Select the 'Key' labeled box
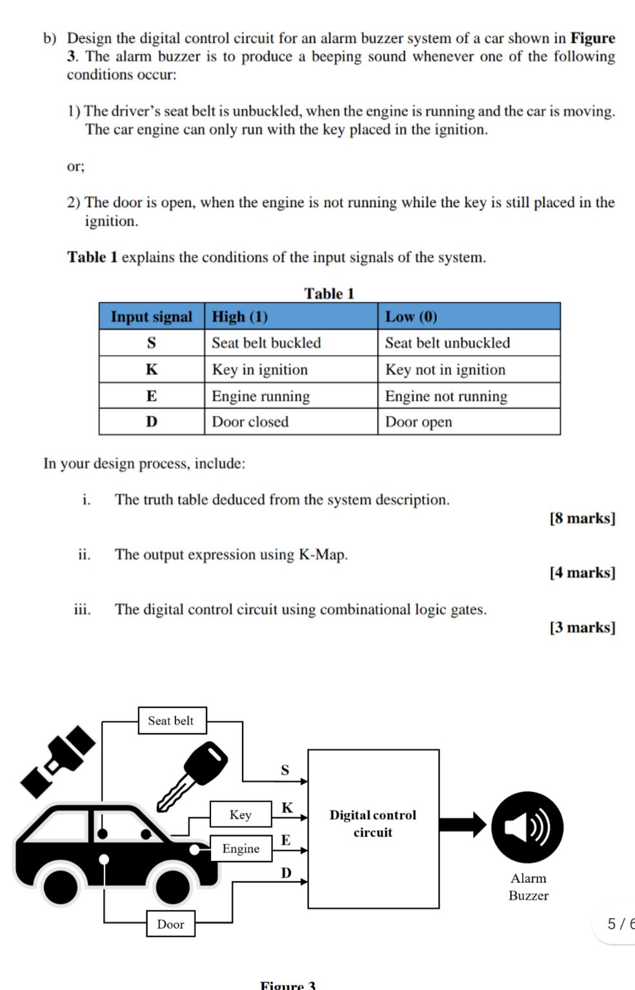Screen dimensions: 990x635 tap(241, 814)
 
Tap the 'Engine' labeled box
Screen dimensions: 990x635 tap(241, 849)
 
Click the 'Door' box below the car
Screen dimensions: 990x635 tap(170, 924)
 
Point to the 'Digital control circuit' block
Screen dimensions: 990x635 tap(373, 829)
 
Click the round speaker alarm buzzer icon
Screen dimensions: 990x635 tap(527, 827)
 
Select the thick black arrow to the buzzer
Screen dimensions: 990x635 tap(463, 825)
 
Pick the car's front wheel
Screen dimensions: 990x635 tap(173, 887)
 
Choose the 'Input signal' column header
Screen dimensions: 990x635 tap(152, 316)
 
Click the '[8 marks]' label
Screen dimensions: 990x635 tap(582, 518)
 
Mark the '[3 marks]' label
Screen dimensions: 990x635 tap(582, 627)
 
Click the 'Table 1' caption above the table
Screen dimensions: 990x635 tap(329, 294)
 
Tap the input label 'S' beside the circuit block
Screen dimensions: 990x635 tap(285, 769)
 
